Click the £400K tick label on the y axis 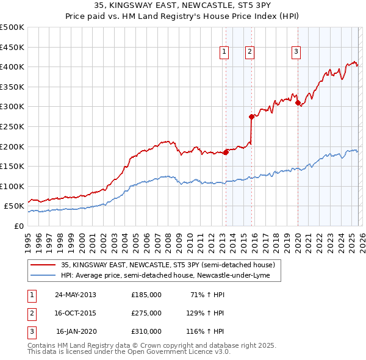click(12, 67)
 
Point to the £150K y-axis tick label click(12, 166)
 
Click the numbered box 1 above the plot click(224, 52)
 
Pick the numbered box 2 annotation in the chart click(250, 52)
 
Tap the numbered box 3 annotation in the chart click(296, 52)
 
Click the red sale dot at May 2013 click(226, 152)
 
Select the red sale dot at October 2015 click(251, 117)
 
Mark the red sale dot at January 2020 click(298, 103)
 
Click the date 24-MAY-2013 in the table click(76, 295)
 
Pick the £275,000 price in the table click(146, 313)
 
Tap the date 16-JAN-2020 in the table click(76, 331)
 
